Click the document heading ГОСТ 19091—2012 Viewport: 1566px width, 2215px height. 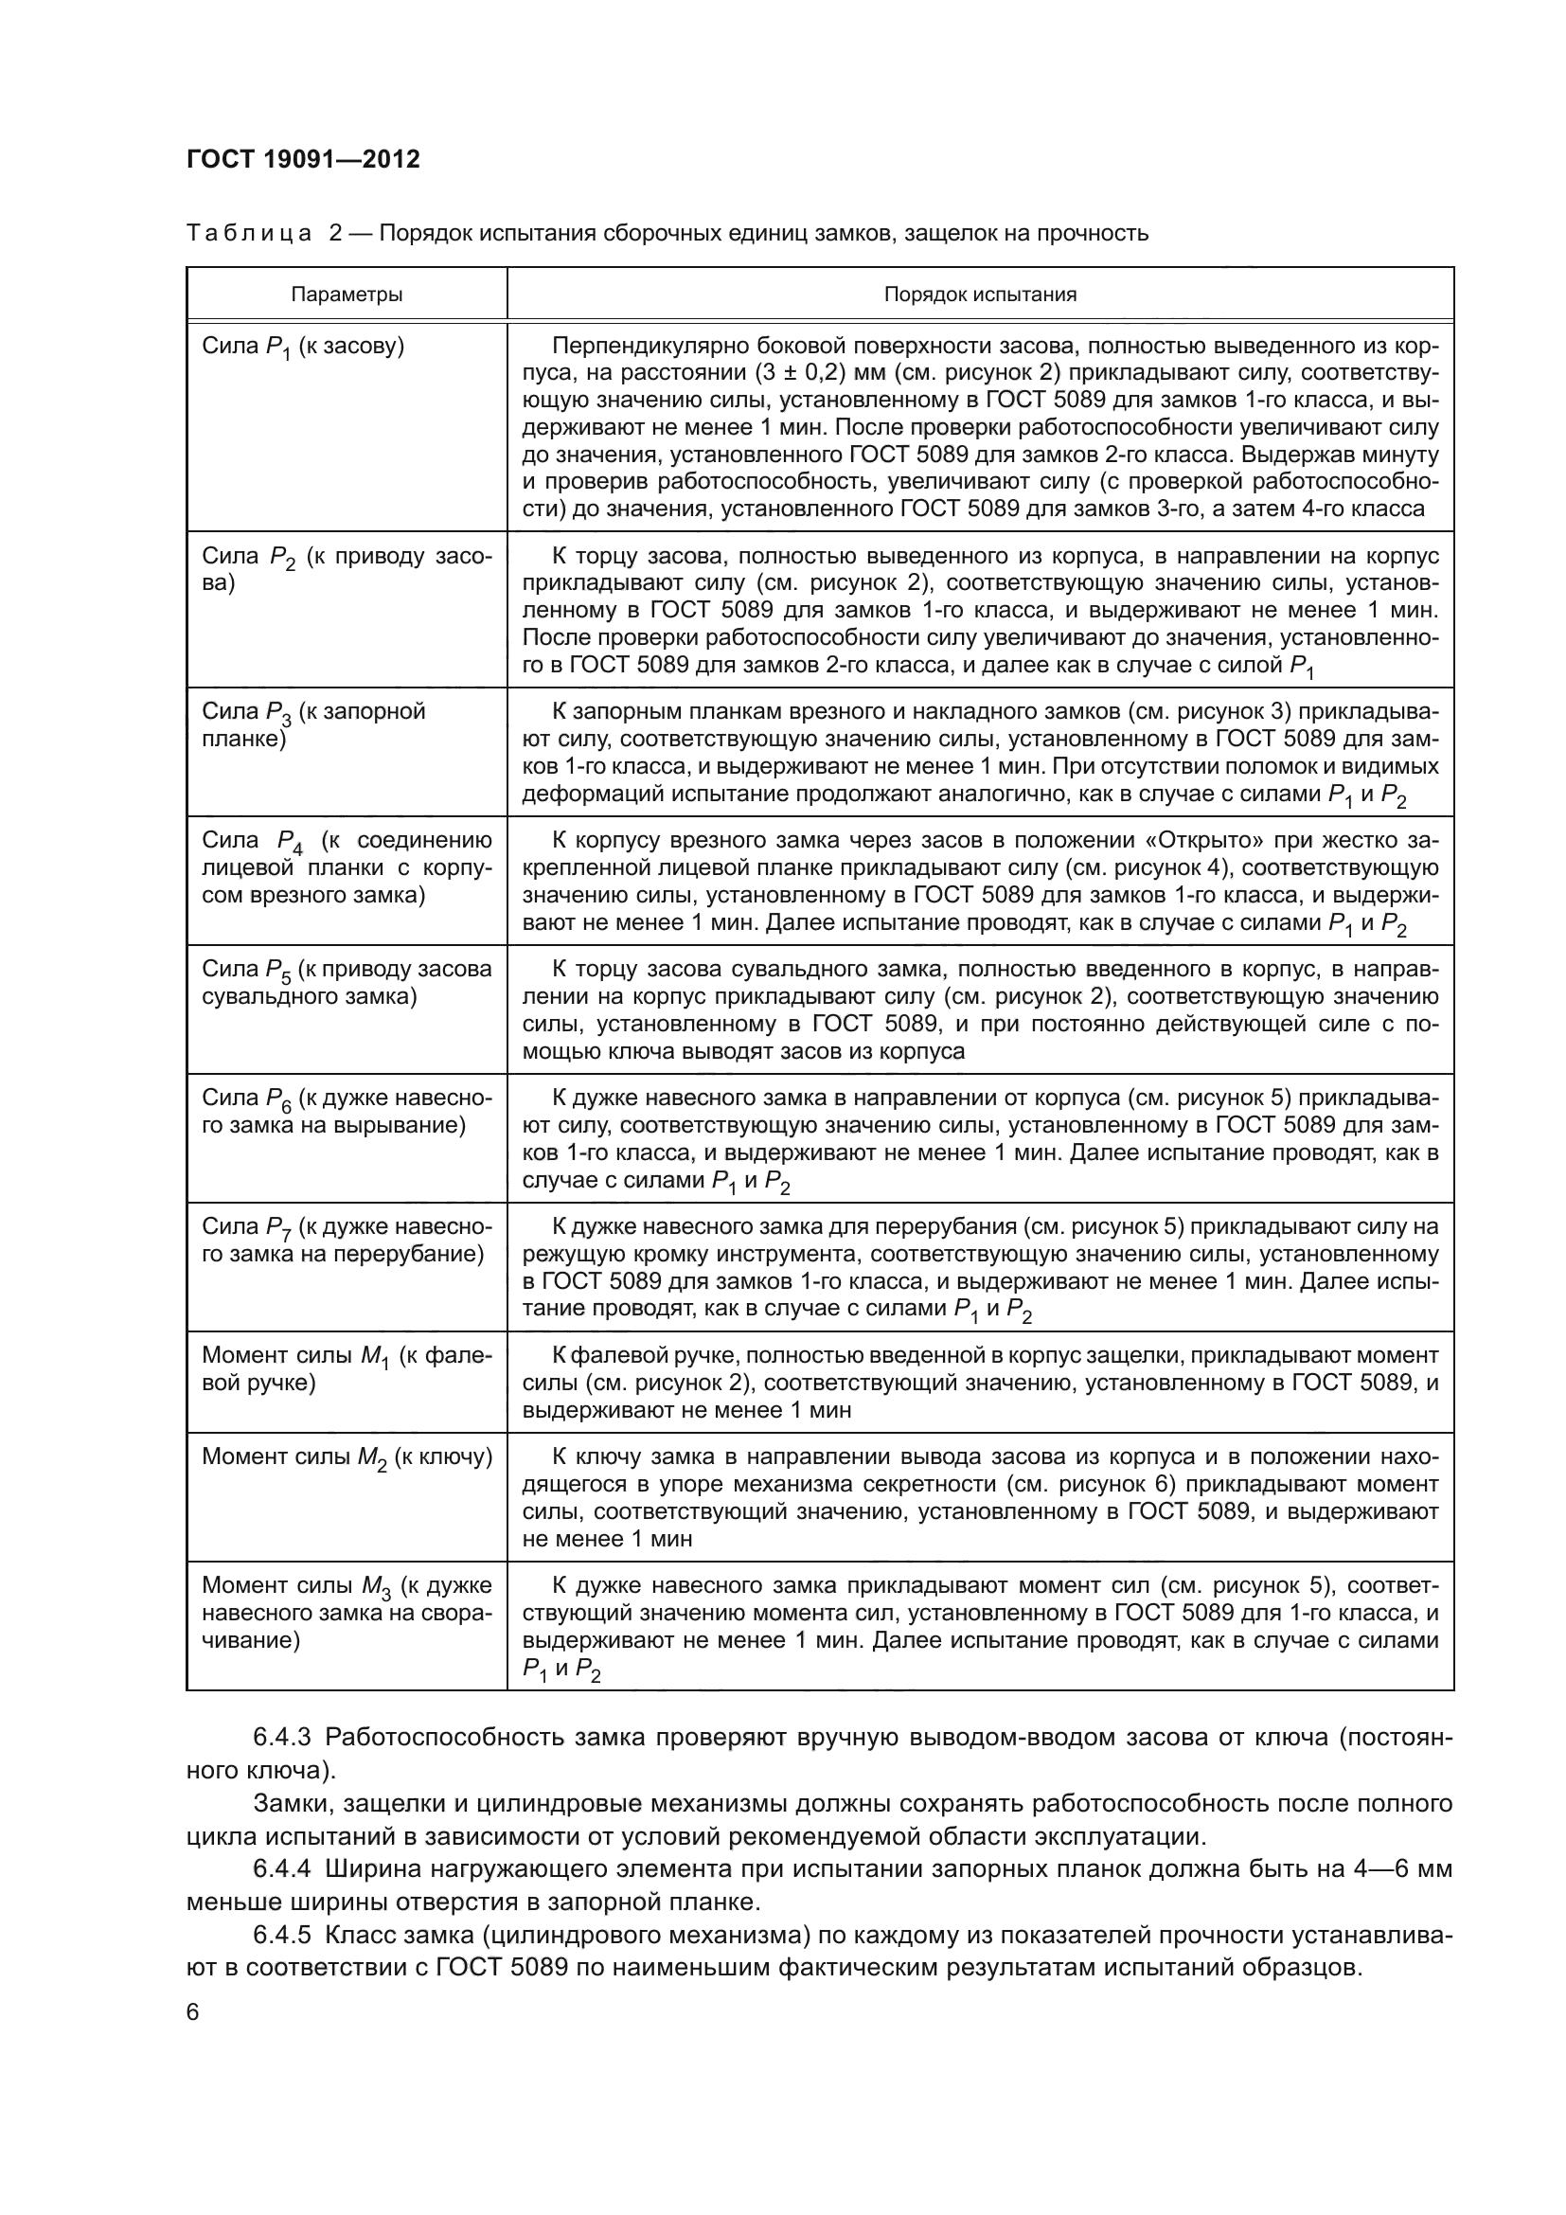(303, 159)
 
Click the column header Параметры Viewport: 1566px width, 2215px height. (347, 295)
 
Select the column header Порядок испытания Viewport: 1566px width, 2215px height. (980, 295)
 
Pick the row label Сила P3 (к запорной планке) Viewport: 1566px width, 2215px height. (314, 725)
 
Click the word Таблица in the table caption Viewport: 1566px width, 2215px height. (248, 233)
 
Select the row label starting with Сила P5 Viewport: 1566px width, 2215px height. (347, 983)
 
